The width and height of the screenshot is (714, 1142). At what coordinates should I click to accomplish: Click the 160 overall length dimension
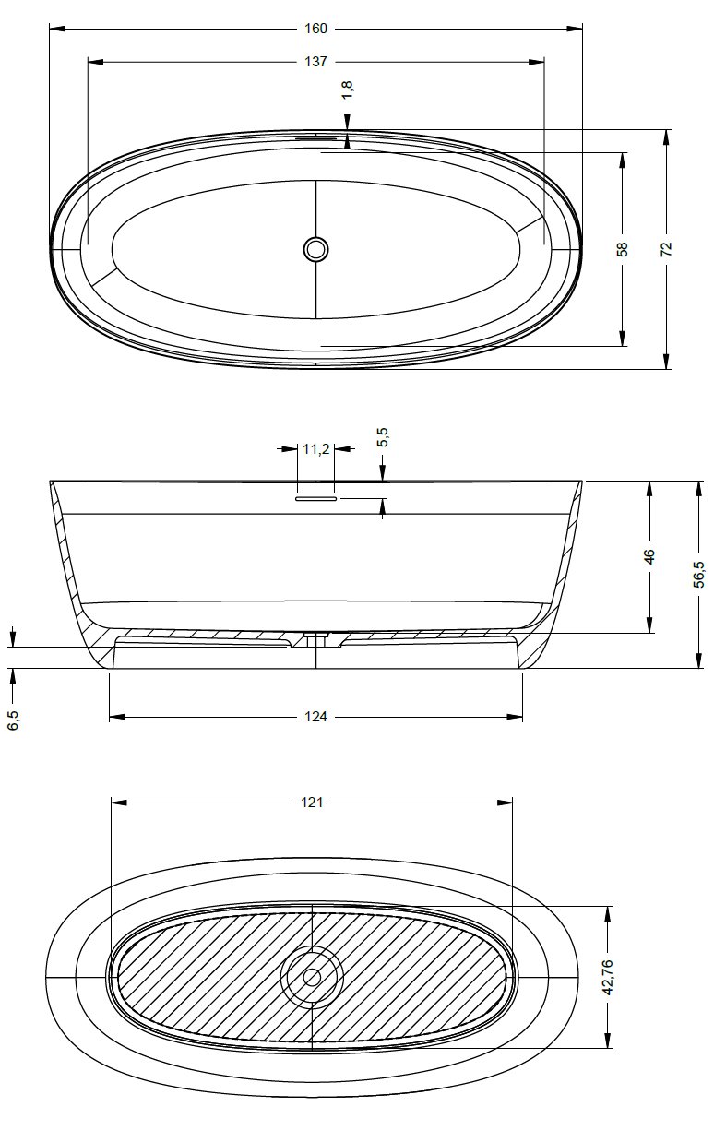[315, 29]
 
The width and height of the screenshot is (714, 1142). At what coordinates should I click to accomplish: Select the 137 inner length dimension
[315, 62]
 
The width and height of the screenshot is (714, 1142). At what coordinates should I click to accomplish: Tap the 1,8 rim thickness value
[348, 89]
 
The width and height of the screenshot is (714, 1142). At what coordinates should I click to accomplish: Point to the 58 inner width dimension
[623, 248]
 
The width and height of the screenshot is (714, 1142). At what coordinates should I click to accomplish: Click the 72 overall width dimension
[666, 248]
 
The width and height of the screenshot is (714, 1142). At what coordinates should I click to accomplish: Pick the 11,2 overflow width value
[315, 449]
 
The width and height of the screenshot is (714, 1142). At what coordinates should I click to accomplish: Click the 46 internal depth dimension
[649, 556]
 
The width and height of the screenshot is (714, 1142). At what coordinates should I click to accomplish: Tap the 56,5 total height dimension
[698, 573]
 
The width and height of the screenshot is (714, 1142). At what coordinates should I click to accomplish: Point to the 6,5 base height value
[13, 720]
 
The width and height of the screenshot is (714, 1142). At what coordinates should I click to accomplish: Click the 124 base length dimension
[315, 717]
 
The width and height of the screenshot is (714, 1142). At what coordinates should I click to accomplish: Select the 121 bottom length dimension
[312, 803]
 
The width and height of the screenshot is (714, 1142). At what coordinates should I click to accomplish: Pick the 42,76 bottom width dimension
[607, 977]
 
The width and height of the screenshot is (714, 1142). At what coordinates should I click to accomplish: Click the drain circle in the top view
[315, 248]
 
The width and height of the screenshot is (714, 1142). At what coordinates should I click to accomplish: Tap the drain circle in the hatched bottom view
[312, 977]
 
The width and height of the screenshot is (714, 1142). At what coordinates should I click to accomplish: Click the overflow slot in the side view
[315, 497]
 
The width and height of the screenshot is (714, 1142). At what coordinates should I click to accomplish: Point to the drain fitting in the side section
[315, 636]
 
